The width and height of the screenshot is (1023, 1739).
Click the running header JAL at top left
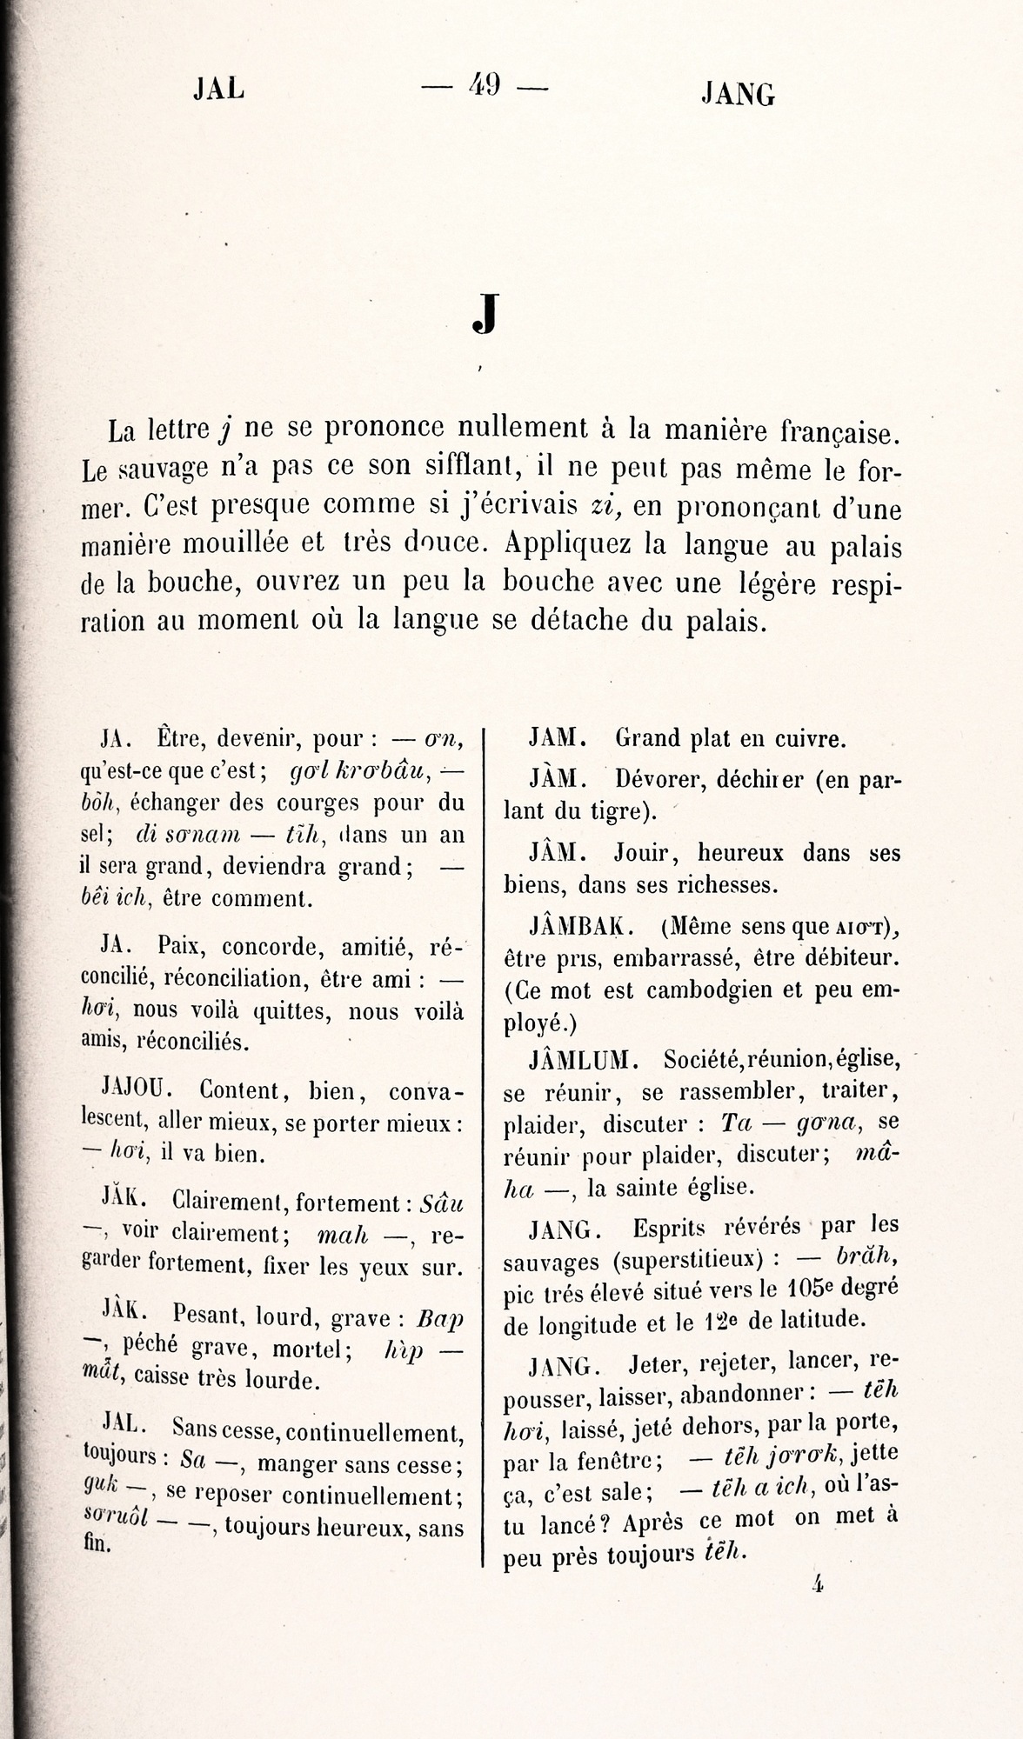[x=218, y=90]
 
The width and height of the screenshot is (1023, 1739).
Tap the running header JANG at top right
[x=738, y=94]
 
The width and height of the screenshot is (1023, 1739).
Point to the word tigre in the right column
[x=618, y=813]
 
